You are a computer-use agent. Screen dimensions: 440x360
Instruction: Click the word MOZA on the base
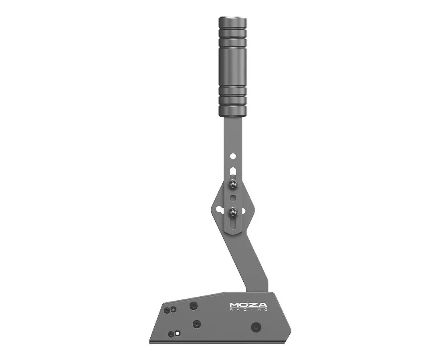[248, 305]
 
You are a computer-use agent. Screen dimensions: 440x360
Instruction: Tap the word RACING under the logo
[248, 309]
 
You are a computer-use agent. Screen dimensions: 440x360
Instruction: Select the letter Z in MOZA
[253, 305]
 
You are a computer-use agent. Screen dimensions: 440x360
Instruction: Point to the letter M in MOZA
[234, 305]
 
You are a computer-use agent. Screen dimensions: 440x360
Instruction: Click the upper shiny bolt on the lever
[233, 184]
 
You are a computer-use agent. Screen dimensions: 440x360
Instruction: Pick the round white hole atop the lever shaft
[233, 155]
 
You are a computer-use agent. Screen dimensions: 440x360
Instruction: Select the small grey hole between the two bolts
[233, 198]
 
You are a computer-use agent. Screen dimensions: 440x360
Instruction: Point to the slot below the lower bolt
[233, 223]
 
